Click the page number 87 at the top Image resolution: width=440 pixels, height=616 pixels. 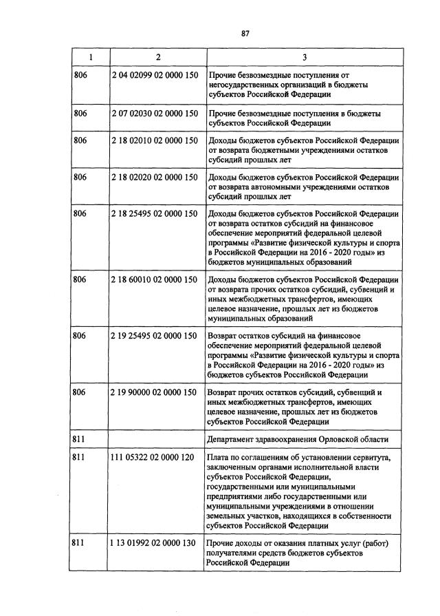[244, 32]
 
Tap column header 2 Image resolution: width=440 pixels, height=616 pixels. [157, 56]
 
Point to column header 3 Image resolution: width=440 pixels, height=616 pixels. [305, 56]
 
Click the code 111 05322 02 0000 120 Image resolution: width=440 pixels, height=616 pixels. [153, 457]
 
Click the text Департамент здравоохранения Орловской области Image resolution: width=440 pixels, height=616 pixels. [297, 439]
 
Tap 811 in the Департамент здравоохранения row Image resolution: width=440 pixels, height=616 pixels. [80, 439]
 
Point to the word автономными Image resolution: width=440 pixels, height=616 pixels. [274, 187]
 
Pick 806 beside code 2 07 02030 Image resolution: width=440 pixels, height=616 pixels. [80, 113]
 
